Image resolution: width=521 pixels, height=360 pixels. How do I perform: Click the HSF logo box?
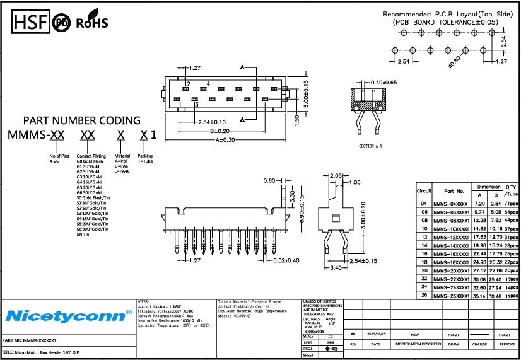pyautogui.click(x=30, y=22)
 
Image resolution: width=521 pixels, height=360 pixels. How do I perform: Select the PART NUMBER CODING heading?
pyautogui.click(x=82, y=120)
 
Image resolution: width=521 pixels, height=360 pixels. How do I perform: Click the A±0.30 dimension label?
pyautogui.click(x=225, y=140)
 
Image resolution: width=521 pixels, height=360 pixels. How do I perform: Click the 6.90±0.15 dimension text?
pyautogui.click(x=302, y=211)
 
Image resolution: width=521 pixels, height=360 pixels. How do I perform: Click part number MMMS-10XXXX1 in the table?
pyautogui.click(x=450, y=228)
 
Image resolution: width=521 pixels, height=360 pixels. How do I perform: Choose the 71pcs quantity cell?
pyautogui.click(x=511, y=204)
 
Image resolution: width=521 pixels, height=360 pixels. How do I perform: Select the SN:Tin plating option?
pyautogui.click(x=82, y=234)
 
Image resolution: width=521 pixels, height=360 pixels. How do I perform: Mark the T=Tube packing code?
pyautogui.click(x=145, y=161)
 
